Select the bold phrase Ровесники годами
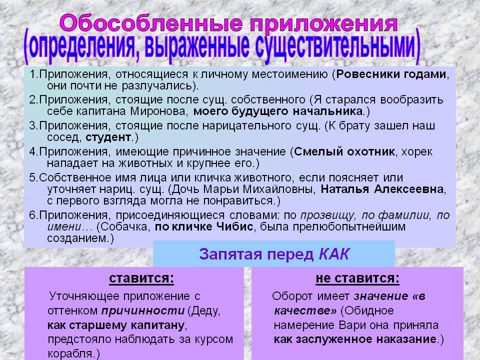click(x=391, y=74)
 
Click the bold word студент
click(x=108, y=137)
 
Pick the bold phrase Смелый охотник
click(x=344, y=151)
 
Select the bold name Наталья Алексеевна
click(x=382, y=189)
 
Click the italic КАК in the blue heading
click(x=333, y=254)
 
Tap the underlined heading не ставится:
click(x=357, y=278)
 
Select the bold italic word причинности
click(x=143, y=310)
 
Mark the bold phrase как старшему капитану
click(x=116, y=325)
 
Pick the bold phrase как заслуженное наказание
click(x=355, y=339)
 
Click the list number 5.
click(x=32, y=178)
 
